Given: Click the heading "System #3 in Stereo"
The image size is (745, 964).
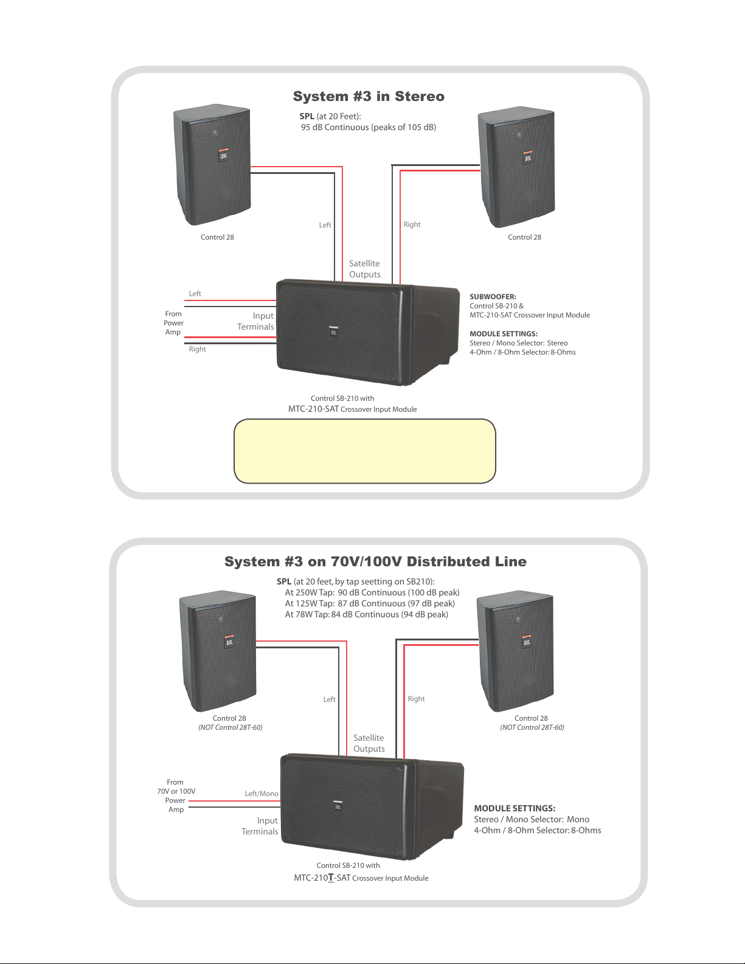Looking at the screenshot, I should tap(369, 96).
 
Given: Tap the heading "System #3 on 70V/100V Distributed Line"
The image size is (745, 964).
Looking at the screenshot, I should tap(375, 561).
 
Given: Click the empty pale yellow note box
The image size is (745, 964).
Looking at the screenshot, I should tap(365, 451).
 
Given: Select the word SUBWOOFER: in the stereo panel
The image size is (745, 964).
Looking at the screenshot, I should tap(493, 297).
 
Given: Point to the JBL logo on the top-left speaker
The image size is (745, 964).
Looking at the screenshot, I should tap(223, 155).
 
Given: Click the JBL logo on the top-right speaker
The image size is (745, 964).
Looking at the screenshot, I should tap(527, 157).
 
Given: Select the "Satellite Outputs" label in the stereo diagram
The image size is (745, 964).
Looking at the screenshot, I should tap(365, 269).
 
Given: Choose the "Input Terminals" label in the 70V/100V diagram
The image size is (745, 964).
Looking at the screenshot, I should tap(260, 826).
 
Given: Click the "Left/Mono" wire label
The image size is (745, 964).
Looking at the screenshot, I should tap(262, 794).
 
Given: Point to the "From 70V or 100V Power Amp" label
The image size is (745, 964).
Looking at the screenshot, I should tap(176, 796).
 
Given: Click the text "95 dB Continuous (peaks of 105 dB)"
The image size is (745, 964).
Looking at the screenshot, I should tap(369, 127).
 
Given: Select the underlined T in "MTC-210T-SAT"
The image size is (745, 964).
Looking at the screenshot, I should tap(331, 878).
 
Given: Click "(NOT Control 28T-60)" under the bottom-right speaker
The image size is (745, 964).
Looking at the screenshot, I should tap(532, 727).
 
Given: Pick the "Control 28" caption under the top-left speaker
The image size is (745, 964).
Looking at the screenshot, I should tap(217, 237).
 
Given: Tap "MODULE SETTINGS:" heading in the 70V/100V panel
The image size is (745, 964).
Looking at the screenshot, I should tap(515, 808).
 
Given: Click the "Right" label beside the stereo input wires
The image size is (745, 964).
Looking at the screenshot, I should tap(197, 349).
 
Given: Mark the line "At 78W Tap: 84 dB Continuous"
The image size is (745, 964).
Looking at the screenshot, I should tap(367, 614).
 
